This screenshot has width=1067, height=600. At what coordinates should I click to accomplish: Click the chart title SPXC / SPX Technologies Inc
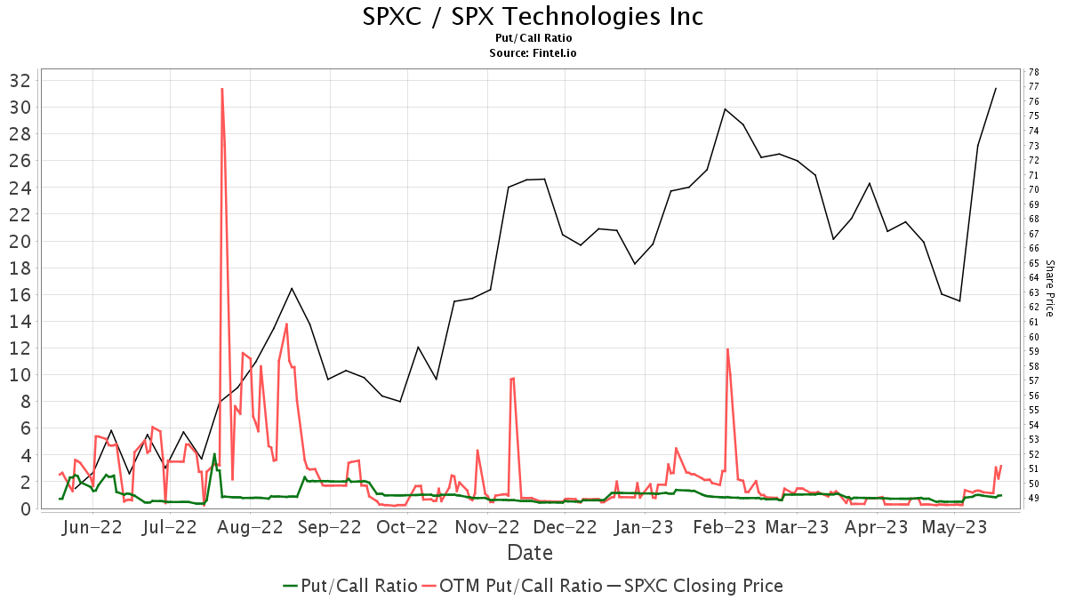[x=533, y=16]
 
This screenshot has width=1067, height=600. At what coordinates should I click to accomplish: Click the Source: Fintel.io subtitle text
[x=533, y=53]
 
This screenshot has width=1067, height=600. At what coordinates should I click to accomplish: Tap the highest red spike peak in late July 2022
[x=221, y=89]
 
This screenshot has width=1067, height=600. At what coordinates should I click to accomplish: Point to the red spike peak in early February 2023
[x=728, y=348]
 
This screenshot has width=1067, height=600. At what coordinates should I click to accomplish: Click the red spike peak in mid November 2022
[x=513, y=378]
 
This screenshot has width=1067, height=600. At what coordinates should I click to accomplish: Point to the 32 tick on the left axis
[x=20, y=80]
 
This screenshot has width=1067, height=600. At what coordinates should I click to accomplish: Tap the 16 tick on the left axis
[x=20, y=294]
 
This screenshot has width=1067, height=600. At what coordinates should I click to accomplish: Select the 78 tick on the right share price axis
[x=1033, y=72]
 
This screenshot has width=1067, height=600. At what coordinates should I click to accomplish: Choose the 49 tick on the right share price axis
[x=1033, y=498]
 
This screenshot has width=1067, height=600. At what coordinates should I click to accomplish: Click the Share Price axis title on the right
[x=1049, y=288]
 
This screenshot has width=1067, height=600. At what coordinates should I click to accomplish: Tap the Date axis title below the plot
[x=530, y=553]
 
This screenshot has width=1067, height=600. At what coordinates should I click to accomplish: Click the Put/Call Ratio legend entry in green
[x=350, y=586]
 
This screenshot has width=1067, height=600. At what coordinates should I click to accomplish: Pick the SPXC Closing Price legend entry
[x=694, y=586]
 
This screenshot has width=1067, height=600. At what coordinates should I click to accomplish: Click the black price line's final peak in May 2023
[x=996, y=88]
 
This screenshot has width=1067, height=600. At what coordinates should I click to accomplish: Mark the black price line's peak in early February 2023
[x=726, y=108]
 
